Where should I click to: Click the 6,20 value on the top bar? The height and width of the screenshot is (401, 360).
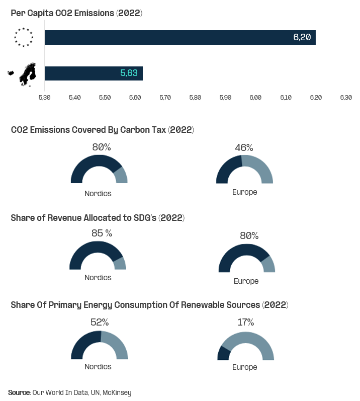302,38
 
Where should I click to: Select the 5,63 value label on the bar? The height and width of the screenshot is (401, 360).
129,73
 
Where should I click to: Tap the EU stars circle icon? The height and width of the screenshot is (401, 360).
24,38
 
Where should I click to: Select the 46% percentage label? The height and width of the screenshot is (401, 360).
244,147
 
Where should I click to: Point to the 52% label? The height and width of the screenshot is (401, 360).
100,323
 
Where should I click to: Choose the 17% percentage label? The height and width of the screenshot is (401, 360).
245,323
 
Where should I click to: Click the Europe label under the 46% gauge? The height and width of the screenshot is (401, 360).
245,192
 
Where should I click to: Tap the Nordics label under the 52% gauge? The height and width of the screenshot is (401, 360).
98,367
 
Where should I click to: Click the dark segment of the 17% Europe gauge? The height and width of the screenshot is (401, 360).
223,354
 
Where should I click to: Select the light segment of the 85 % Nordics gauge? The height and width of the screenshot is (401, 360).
120,263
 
